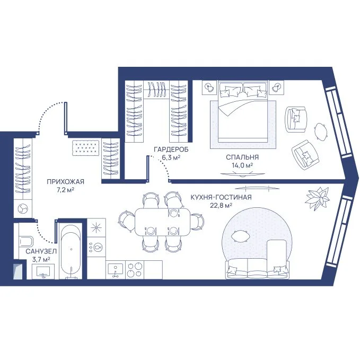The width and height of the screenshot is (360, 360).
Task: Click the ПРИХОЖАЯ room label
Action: pyautogui.click(x=65, y=182)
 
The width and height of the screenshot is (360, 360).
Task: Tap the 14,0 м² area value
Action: pyautogui.click(x=242, y=165)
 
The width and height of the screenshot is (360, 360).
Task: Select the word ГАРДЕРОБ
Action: pyautogui.click(x=171, y=150)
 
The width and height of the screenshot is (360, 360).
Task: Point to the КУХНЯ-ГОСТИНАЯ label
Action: pyautogui.click(x=221, y=197)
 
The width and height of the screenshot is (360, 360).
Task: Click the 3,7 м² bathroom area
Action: pyautogui.click(x=41, y=260)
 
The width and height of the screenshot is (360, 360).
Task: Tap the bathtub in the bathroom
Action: pyautogui.click(x=71, y=251)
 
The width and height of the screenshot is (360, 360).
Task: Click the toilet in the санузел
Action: pyautogui.click(x=26, y=242)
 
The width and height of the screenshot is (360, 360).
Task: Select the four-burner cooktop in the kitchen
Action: pyautogui.click(x=135, y=270)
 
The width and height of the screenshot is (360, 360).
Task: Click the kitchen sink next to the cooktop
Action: pyautogui.click(x=116, y=270)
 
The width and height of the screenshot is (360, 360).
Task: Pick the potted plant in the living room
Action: pyautogui.click(x=317, y=197)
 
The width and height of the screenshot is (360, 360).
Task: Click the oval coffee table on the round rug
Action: pyautogui.click(x=240, y=236)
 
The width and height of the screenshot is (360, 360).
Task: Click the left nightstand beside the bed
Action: pyautogui.click(x=209, y=87)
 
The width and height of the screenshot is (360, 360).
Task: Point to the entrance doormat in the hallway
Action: pyautogui.click(x=86, y=147)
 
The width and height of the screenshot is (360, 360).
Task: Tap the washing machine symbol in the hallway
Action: pyautogui.click(x=23, y=209)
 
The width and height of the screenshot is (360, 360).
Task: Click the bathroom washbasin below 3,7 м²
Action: pyautogui.click(x=43, y=271)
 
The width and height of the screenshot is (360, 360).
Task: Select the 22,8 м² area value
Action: pyautogui.click(x=221, y=205)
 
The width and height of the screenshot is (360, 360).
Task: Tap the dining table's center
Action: pyautogui.click(x=163, y=222)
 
